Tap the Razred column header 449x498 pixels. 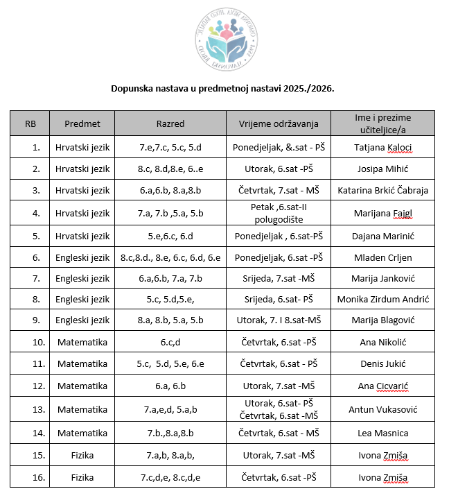(x=170, y=124)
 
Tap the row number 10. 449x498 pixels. (x=30, y=342)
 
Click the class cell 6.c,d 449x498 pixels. (x=170, y=342)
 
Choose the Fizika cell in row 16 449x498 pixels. (x=83, y=477)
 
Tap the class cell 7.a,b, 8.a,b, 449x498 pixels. (x=170, y=455)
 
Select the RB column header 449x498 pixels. (x=30, y=124)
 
